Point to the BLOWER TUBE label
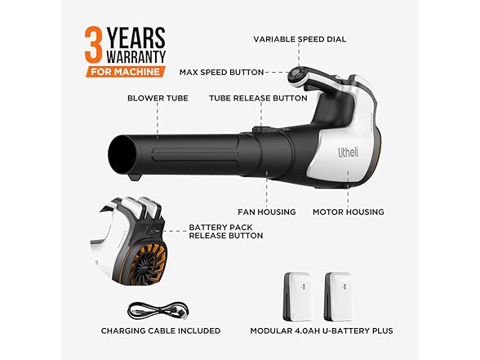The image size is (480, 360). pos(158,98)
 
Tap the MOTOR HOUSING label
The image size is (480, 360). pos(349,211)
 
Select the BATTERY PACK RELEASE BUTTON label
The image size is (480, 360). pos(226,232)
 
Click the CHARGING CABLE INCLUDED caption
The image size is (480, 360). pos(161,331)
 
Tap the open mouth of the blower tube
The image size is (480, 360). pos(125,155)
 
